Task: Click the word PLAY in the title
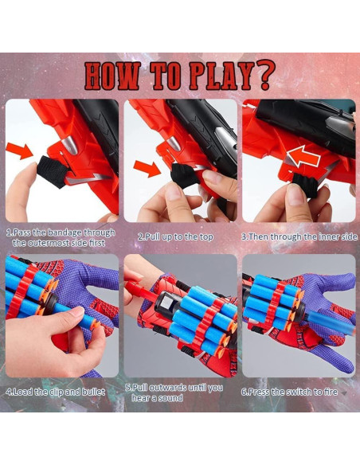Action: [x=213, y=76]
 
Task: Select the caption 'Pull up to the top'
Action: [x=178, y=236]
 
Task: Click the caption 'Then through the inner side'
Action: [x=299, y=236]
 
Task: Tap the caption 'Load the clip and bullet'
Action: [x=57, y=392]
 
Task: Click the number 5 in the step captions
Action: [x=129, y=388]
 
